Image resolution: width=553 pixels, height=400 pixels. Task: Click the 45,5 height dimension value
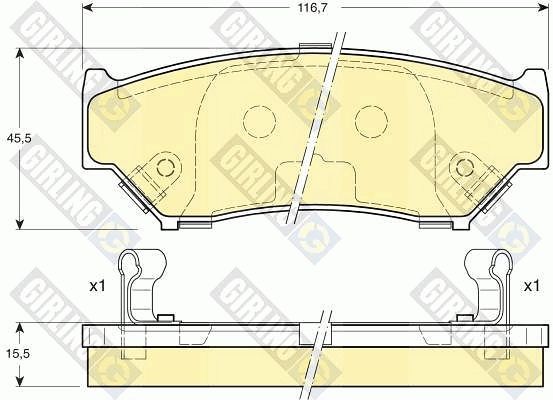click(19, 139)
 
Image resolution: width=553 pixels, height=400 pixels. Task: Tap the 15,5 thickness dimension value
click(19, 354)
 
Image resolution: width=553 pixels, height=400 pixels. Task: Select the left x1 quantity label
click(97, 286)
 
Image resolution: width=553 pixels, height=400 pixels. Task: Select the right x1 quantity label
click(531, 286)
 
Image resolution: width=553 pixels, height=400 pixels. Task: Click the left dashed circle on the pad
click(259, 122)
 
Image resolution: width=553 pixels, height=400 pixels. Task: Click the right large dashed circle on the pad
click(371, 122)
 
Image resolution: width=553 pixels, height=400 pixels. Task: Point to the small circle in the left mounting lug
click(165, 166)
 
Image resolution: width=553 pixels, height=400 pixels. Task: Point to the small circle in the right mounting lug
click(464, 166)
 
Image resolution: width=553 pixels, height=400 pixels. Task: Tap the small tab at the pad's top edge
click(315, 47)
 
